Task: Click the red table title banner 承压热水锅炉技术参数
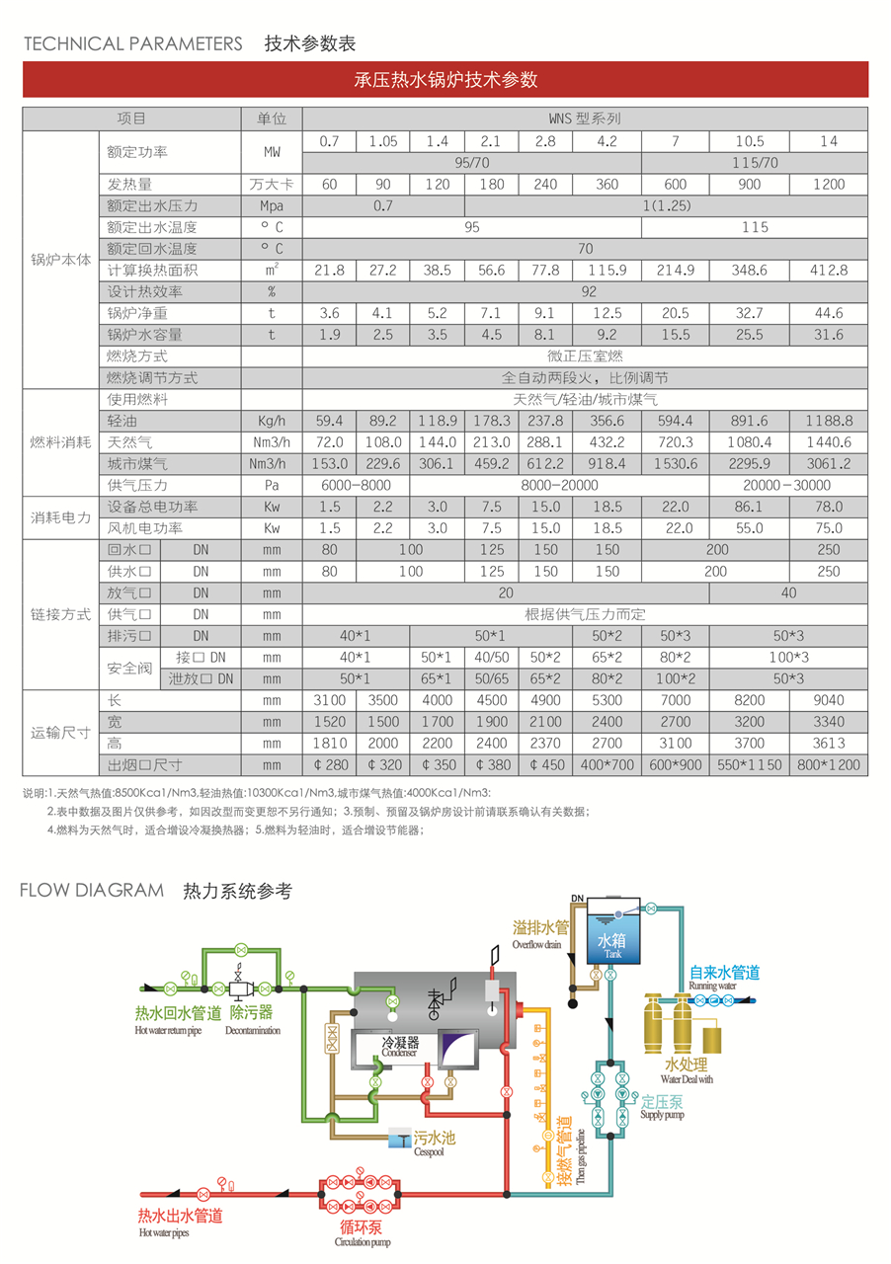click(445, 80)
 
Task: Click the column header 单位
click(272, 118)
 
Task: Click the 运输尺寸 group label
click(61, 733)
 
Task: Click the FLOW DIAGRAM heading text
click(92, 891)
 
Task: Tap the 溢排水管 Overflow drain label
click(541, 929)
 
